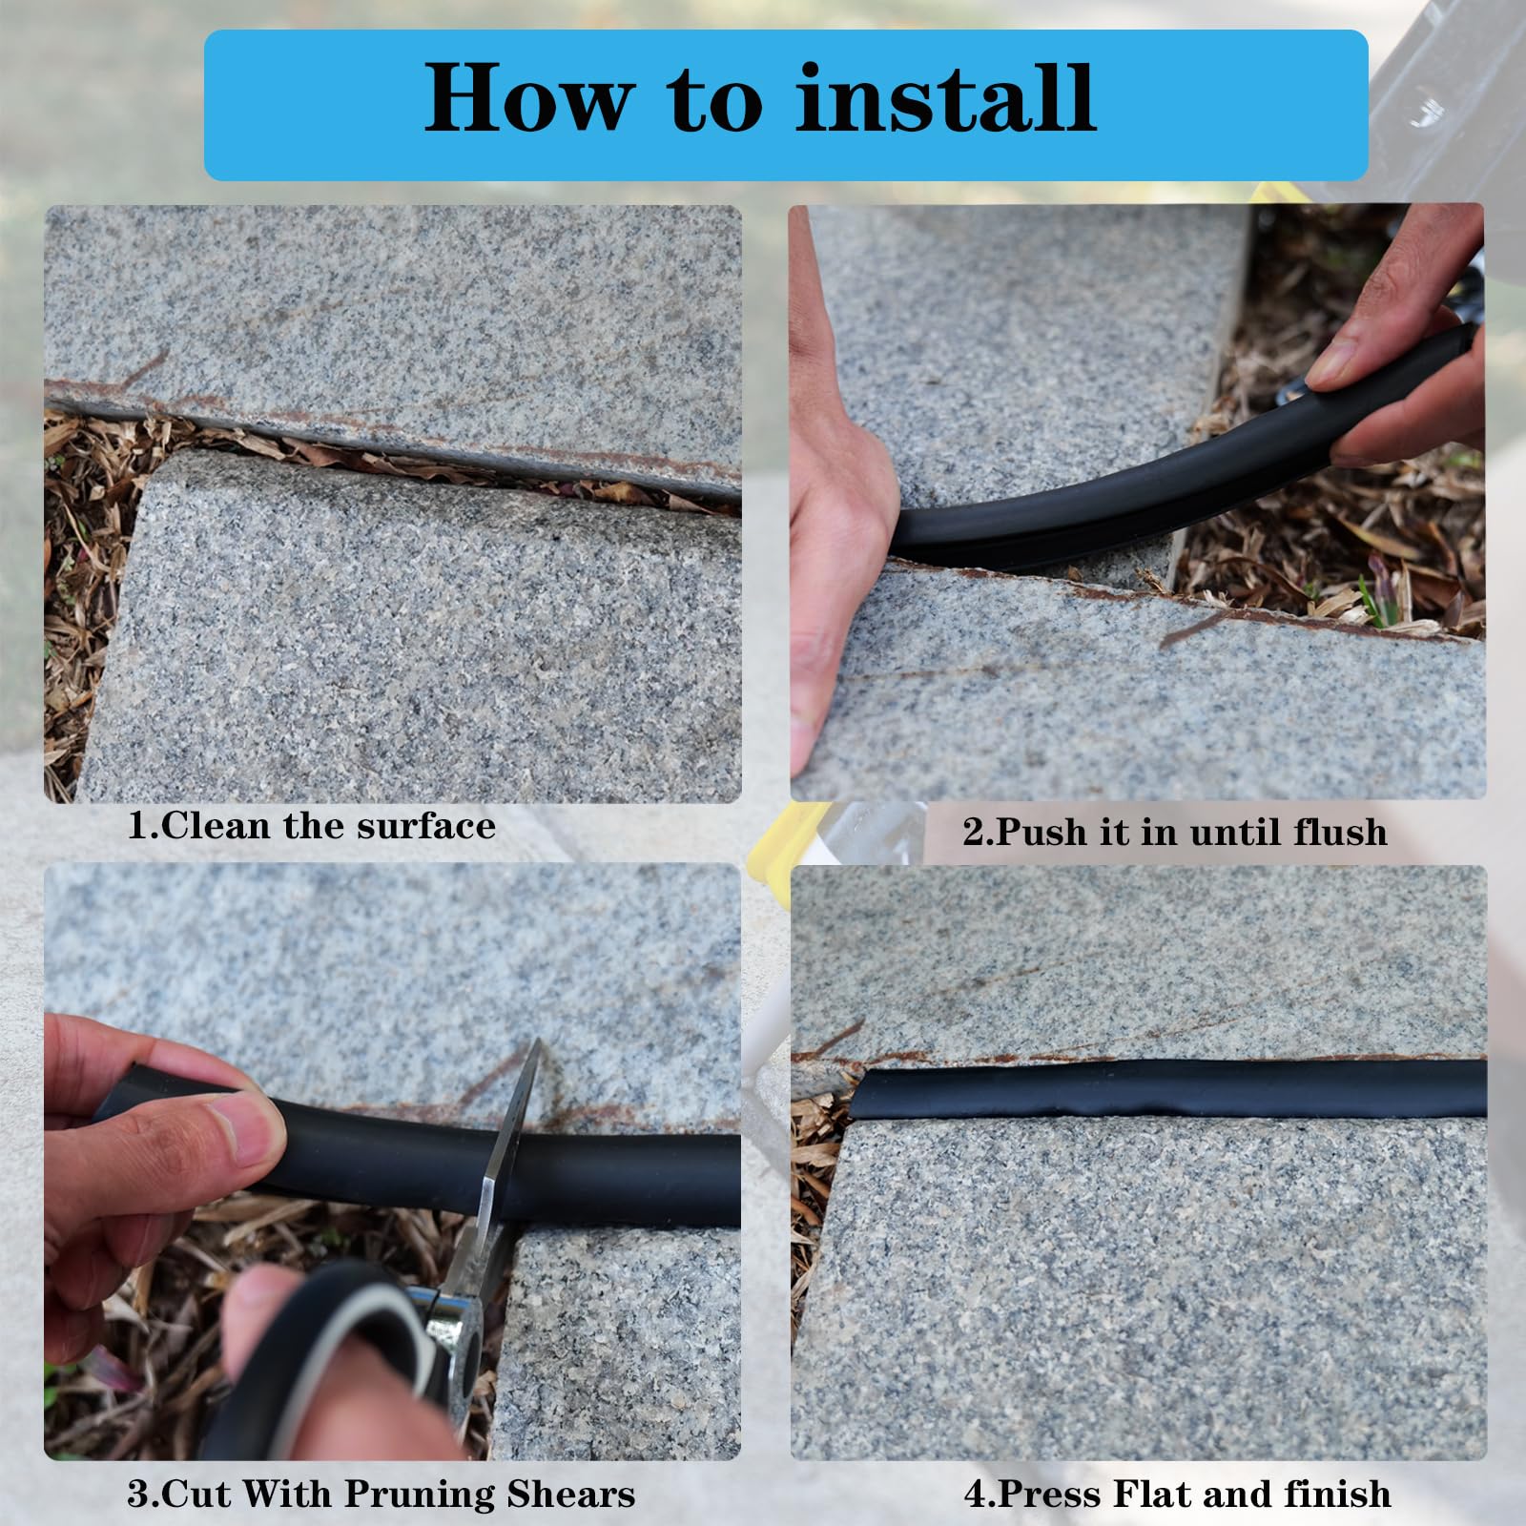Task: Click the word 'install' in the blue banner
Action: click(944, 98)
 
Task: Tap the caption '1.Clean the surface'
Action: click(312, 826)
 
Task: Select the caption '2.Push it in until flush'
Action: click(1175, 832)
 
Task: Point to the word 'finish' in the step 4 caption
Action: click(1337, 1494)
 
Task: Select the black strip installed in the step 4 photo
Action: click(1173, 1088)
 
